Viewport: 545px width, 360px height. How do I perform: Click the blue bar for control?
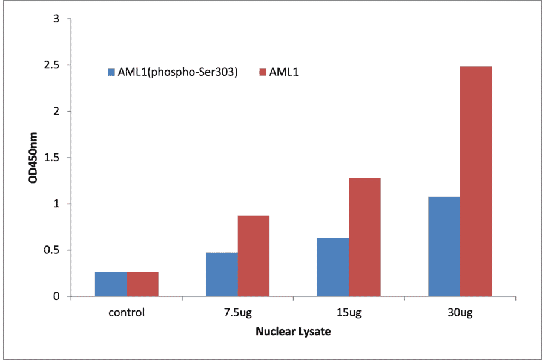click(x=111, y=284)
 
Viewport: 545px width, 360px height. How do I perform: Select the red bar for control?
click(x=142, y=284)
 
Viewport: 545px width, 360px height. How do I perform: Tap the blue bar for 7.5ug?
click(x=222, y=275)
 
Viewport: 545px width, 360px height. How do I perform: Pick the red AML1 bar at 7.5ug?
click(x=253, y=256)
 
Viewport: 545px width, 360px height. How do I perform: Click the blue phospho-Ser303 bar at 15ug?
click(x=333, y=267)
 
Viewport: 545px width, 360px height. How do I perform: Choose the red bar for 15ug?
click(x=365, y=237)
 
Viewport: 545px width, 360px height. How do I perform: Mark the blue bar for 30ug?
click(x=444, y=247)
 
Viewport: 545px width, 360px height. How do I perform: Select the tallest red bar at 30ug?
click(x=475, y=181)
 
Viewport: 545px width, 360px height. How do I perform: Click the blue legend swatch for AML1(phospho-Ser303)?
click(x=111, y=72)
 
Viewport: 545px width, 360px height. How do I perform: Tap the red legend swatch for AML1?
click(x=262, y=72)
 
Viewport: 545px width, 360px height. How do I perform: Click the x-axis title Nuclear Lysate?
click(x=293, y=332)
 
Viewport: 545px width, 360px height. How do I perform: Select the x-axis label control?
click(x=127, y=313)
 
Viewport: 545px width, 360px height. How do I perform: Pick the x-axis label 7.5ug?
click(x=237, y=313)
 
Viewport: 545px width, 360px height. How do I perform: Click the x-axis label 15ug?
click(x=349, y=313)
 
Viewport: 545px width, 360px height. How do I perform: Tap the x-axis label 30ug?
click(x=460, y=313)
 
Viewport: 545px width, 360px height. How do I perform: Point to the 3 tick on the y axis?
click(x=56, y=19)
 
